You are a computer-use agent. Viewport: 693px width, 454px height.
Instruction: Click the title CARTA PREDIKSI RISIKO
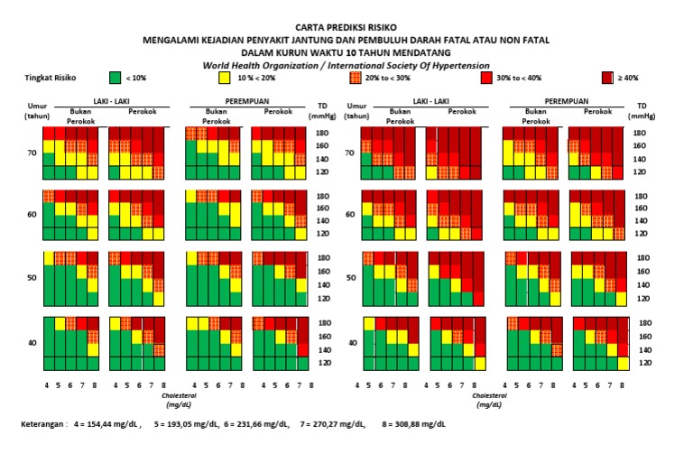point(346,29)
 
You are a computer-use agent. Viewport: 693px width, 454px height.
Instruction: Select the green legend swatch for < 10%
point(115,79)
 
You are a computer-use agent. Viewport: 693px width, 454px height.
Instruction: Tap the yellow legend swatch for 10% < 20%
point(225,79)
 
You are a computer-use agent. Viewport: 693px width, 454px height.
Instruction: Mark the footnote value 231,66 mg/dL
point(263,423)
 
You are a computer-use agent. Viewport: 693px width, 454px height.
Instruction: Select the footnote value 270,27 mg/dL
point(339,423)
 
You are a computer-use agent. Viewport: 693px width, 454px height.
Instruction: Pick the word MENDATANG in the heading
point(445,52)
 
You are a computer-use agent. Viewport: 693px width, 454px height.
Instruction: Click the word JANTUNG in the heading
point(319,41)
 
